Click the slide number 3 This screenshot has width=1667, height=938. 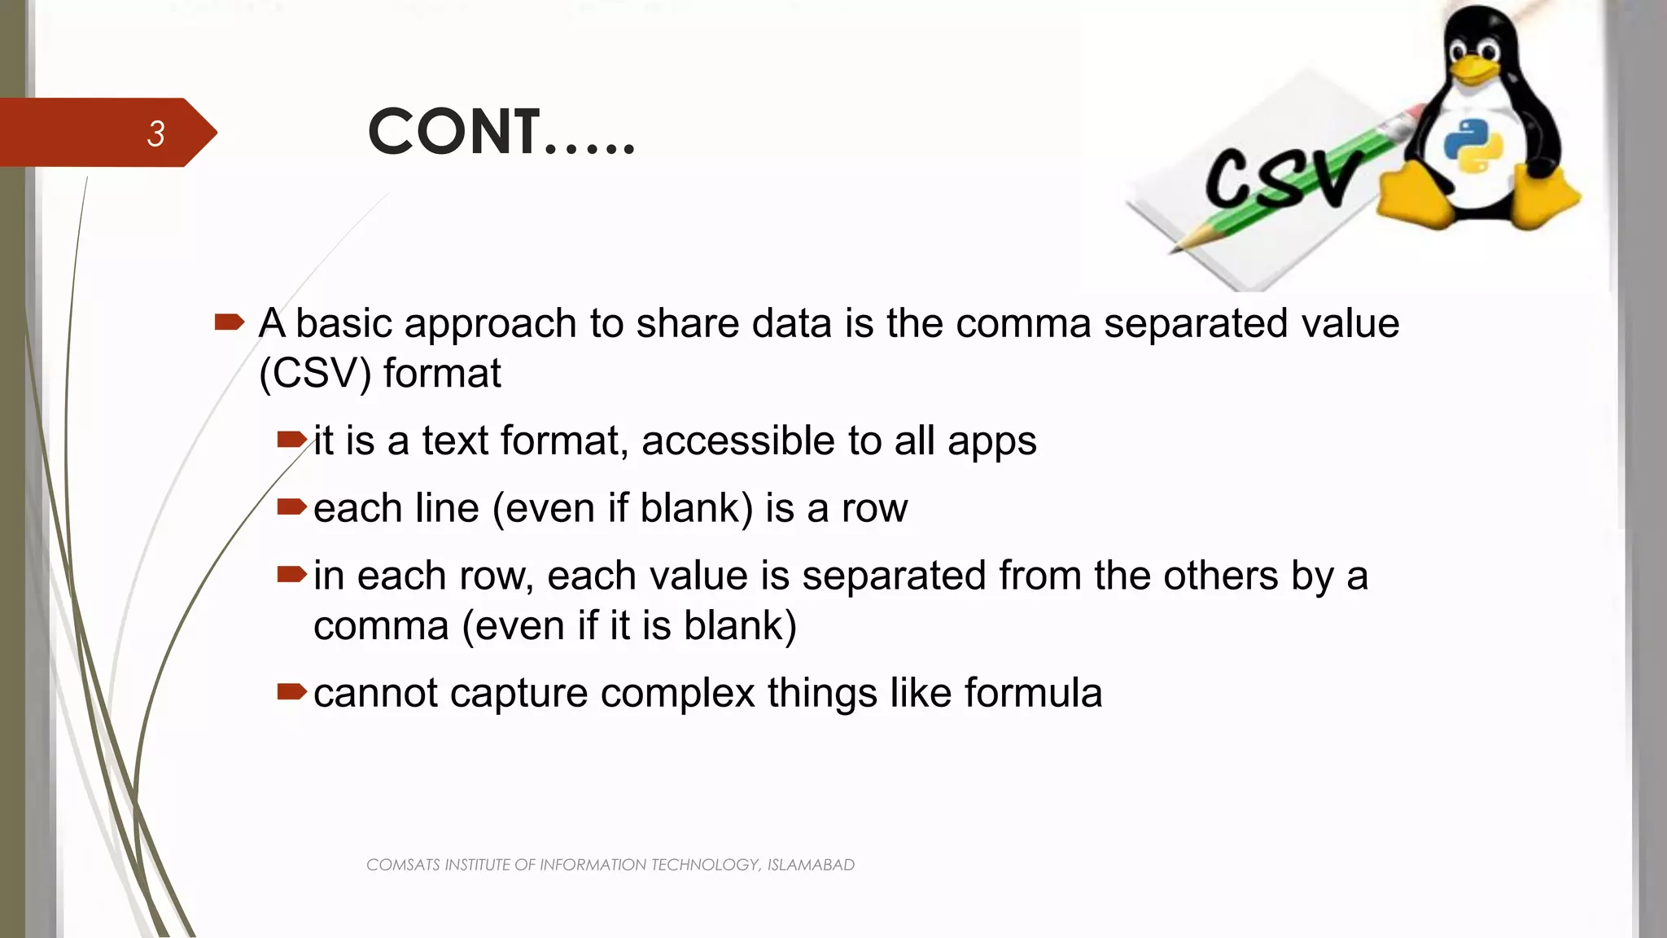(x=155, y=134)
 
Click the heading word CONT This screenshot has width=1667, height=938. (x=453, y=132)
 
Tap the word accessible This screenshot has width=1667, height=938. (x=737, y=441)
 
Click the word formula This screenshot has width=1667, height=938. (x=1033, y=694)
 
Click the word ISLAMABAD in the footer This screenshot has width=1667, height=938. (x=811, y=865)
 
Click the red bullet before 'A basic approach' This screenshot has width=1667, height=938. (x=229, y=322)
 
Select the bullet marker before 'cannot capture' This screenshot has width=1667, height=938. (x=291, y=692)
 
